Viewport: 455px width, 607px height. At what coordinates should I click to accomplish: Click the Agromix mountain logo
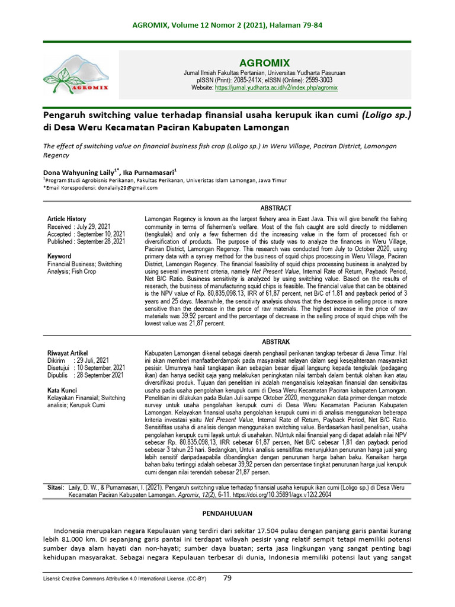(76, 74)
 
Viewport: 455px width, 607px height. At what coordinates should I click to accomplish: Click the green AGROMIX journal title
(264, 62)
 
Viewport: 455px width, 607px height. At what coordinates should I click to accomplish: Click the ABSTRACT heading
(276, 208)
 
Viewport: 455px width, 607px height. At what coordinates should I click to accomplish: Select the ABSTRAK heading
(276, 342)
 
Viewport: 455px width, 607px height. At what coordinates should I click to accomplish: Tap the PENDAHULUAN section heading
(227, 513)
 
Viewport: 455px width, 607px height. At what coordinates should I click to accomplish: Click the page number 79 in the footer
(227, 577)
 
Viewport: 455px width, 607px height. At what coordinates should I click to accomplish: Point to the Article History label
(66, 219)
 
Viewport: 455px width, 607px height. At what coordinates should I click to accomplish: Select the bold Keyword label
(59, 256)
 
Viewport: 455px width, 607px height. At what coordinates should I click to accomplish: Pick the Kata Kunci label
(62, 390)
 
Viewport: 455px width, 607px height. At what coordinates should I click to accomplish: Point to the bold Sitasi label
(55, 487)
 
